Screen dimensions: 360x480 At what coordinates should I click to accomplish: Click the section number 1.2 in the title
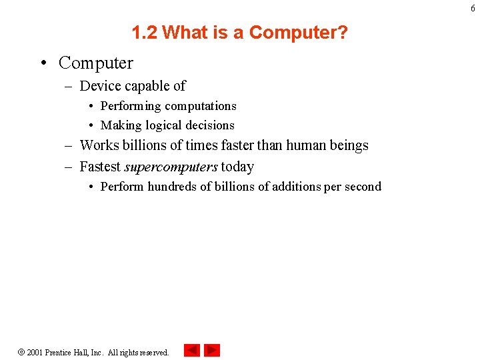(x=144, y=32)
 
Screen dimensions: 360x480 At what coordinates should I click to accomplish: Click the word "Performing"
(x=131, y=107)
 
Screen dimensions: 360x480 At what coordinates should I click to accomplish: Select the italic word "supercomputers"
(x=171, y=167)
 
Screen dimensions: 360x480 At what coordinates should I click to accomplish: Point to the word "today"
(x=237, y=167)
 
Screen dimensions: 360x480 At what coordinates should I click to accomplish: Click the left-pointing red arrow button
(x=191, y=350)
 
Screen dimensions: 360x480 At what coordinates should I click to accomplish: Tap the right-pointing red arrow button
(x=212, y=350)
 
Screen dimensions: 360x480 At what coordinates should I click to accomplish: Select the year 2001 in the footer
(x=35, y=352)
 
